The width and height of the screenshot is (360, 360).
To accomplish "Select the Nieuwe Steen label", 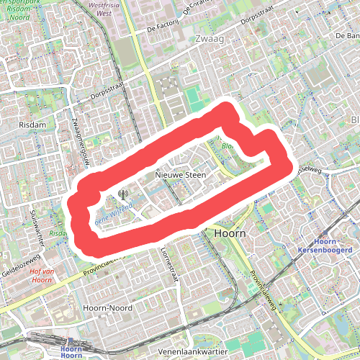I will click(x=180, y=175).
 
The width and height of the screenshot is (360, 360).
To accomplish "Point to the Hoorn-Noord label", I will click(x=105, y=307).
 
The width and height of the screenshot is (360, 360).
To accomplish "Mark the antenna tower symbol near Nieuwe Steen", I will click(x=122, y=193).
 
